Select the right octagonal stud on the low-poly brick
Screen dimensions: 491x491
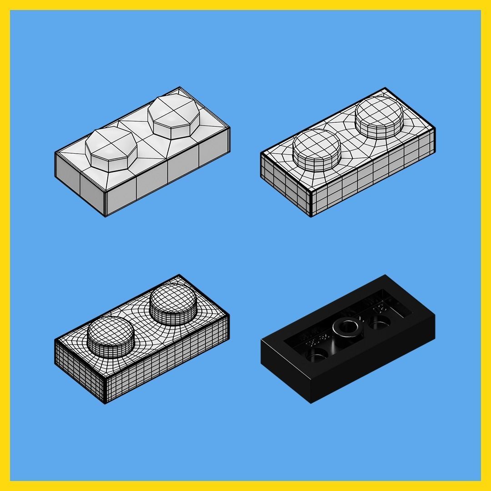[174, 116]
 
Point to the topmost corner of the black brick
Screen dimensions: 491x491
[386, 275]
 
